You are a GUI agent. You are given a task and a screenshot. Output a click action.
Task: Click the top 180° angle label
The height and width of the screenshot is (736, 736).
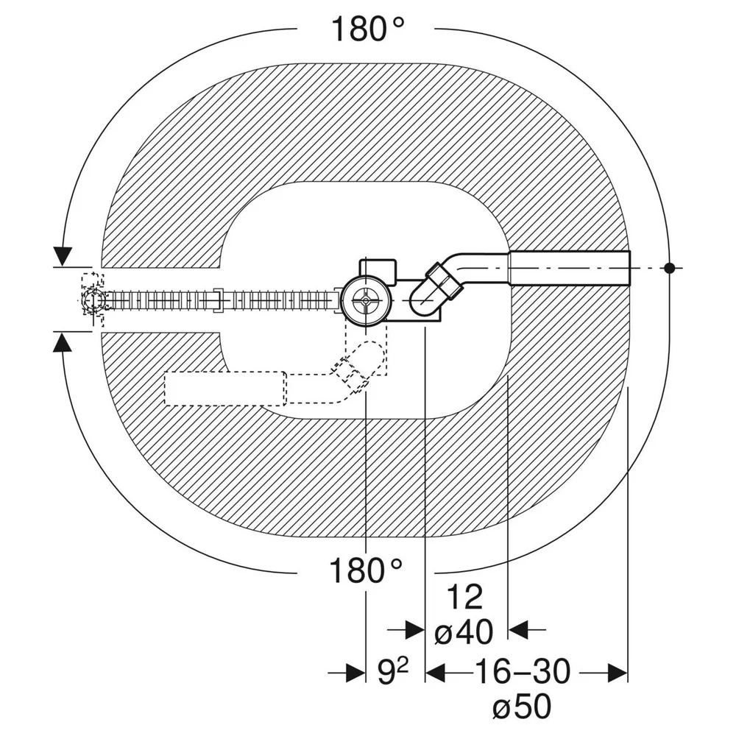(367, 29)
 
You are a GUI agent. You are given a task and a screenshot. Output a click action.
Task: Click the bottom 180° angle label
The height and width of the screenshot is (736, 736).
(366, 570)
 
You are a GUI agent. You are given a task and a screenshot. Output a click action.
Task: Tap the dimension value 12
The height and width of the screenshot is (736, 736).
(464, 597)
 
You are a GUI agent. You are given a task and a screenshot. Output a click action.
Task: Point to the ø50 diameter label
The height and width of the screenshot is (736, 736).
(522, 706)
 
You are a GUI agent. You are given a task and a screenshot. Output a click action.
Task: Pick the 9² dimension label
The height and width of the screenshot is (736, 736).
(393, 672)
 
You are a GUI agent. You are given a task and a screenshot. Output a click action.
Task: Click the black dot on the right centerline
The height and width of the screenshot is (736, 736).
(669, 268)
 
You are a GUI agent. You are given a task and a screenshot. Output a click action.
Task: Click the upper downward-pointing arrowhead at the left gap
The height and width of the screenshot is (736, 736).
(63, 256)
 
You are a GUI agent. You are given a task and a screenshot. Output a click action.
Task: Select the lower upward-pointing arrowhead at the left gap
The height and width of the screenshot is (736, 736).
(63, 342)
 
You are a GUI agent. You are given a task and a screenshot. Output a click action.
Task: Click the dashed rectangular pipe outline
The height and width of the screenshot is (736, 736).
(224, 388)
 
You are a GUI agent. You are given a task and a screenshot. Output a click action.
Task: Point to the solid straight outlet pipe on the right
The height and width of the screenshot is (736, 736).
(569, 268)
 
